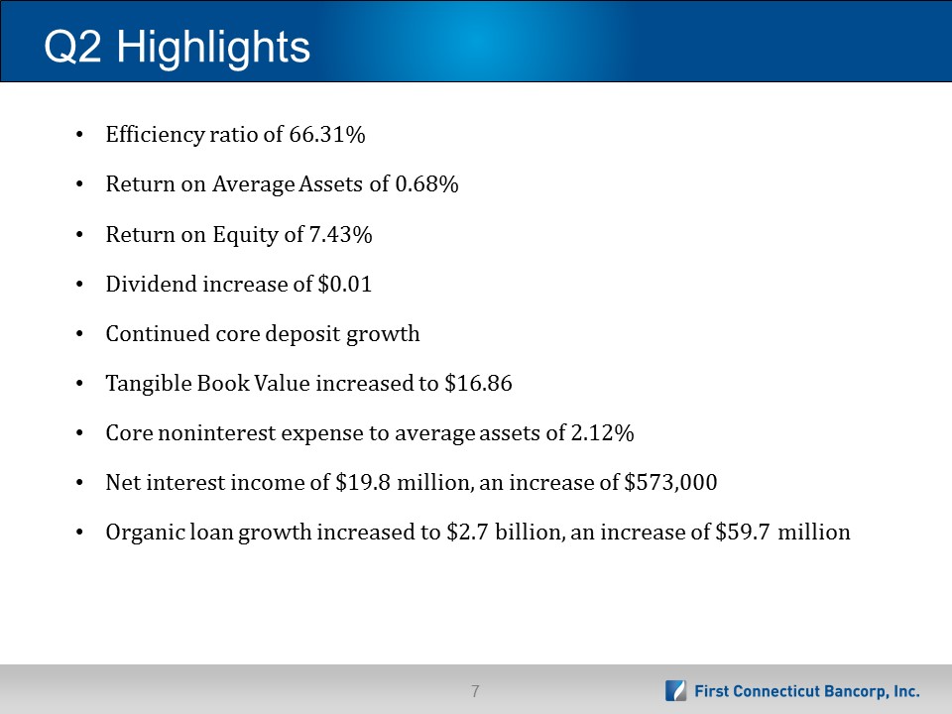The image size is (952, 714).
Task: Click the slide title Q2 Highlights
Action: (177, 48)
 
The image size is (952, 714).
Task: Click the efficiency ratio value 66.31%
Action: (326, 134)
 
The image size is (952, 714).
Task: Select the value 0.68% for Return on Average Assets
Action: (426, 184)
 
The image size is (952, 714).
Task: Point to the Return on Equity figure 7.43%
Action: (340, 234)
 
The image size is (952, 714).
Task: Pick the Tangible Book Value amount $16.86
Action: (478, 383)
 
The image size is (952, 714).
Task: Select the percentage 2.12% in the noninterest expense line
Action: (602, 433)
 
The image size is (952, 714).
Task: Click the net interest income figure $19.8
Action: (363, 482)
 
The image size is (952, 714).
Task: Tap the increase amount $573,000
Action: (670, 482)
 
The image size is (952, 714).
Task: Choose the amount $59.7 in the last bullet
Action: (743, 532)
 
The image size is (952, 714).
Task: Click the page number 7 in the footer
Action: (475, 691)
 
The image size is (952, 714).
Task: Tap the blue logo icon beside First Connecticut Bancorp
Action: (675, 691)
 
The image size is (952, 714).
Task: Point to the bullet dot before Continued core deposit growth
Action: (79, 334)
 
